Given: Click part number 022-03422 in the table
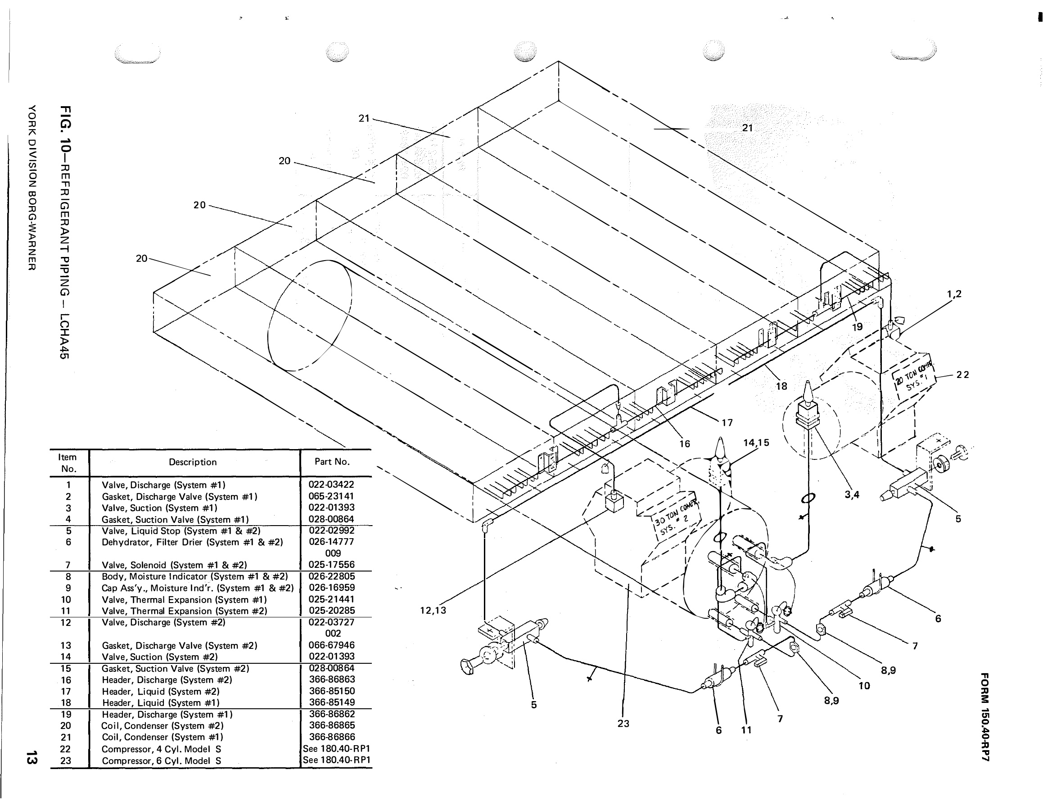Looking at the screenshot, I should [x=331, y=485].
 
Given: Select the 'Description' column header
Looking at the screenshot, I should [x=193, y=462].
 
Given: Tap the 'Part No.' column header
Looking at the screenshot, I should [x=332, y=462].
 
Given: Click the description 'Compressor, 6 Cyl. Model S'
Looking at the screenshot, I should [x=162, y=761].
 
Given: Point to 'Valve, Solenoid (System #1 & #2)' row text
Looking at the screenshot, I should [x=174, y=565].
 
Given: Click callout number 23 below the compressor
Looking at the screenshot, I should [x=623, y=724].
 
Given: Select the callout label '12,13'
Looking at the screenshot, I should [x=433, y=610].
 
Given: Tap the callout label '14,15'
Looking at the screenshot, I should [x=756, y=442].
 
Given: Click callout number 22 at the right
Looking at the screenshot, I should [x=963, y=375].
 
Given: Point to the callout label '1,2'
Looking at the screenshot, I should [x=954, y=294].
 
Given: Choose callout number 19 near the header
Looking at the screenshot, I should [x=857, y=327].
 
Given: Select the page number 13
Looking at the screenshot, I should [x=32, y=758].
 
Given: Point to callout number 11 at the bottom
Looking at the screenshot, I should [x=746, y=730].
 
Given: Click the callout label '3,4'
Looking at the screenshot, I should [x=852, y=495].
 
